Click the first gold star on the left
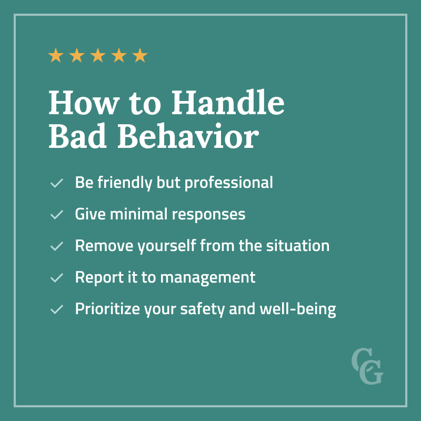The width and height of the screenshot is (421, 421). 56,55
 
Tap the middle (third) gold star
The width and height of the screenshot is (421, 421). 98,55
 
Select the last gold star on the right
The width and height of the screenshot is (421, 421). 140,55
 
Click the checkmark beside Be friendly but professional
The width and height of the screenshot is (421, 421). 56,184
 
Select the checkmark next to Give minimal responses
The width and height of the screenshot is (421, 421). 56,215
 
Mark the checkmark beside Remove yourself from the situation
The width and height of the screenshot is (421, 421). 56,246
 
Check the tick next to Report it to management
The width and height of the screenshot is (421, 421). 56,278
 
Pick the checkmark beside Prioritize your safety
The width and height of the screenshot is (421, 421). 56,309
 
